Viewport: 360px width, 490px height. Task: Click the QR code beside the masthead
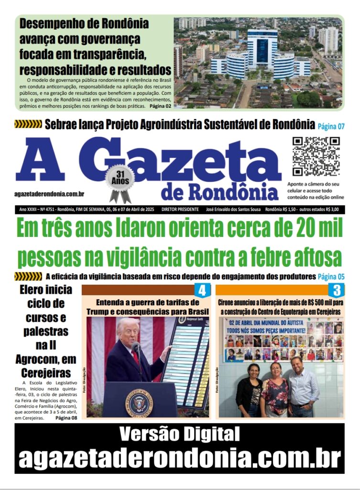tap(316, 156)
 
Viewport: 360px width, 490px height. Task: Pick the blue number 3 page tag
tap(337, 290)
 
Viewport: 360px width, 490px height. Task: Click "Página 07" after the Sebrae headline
tap(331, 126)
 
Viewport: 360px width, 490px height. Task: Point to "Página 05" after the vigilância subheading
tap(331, 277)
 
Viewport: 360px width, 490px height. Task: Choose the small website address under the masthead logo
tap(50, 193)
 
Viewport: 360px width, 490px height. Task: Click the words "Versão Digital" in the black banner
tap(179, 434)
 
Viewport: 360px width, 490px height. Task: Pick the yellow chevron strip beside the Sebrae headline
tap(28, 124)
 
